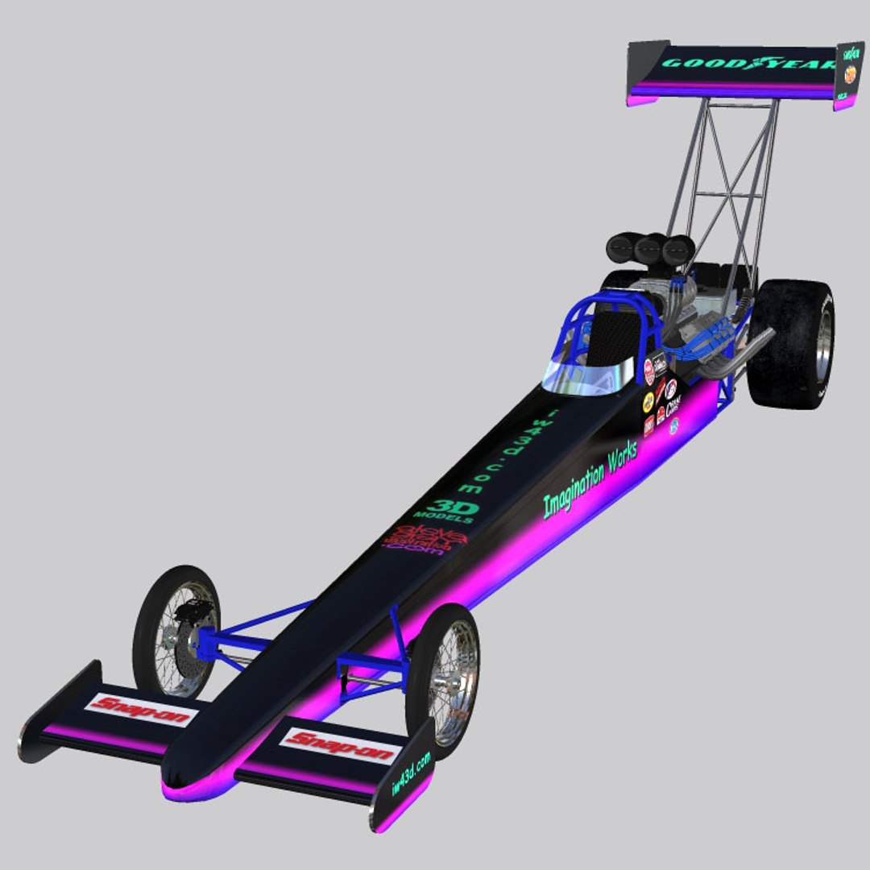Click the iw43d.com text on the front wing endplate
click(x=411, y=773)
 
